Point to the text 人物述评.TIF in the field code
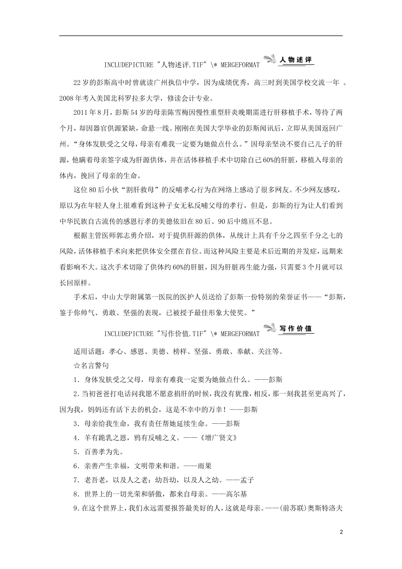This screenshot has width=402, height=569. pyautogui.click(x=182, y=65)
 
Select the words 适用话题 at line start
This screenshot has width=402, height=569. pyautogui.click(x=87, y=351)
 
